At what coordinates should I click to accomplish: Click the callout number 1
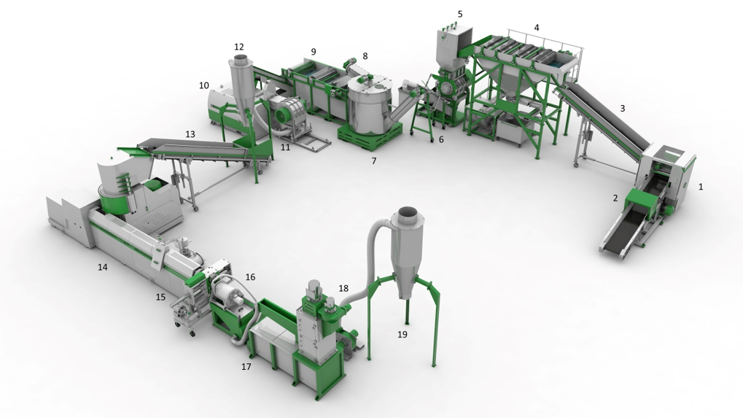click(x=701, y=187)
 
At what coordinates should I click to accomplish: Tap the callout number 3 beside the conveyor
click(x=623, y=109)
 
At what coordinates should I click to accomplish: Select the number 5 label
click(x=460, y=14)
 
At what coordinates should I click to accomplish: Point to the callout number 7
click(x=374, y=161)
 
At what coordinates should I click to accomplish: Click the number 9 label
click(x=314, y=52)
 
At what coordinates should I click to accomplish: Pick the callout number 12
click(x=239, y=47)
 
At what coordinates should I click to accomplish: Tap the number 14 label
click(x=102, y=267)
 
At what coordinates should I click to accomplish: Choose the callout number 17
click(x=246, y=366)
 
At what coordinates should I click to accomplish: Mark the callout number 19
click(x=402, y=334)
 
